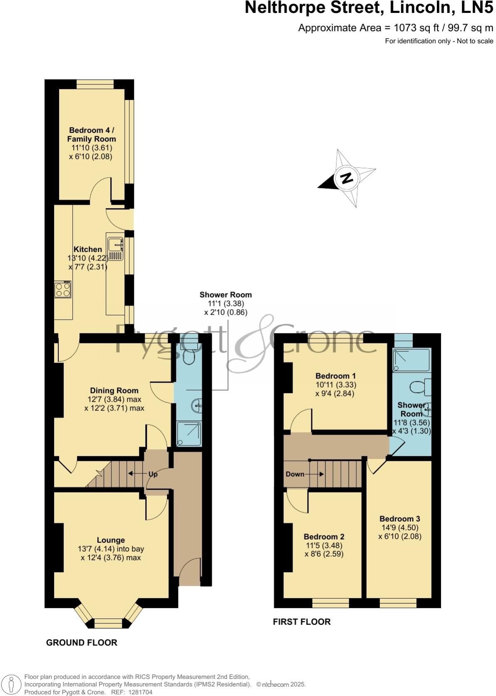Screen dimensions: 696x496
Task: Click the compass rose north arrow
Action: coord(346,178)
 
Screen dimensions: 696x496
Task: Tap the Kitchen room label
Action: coord(88,249)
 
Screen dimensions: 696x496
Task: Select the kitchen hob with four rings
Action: coord(62,290)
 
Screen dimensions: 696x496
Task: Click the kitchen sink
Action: coord(115,249)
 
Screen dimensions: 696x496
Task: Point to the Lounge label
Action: coord(111,540)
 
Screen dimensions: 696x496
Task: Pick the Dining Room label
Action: coord(114,390)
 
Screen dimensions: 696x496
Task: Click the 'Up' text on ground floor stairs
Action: coord(153,474)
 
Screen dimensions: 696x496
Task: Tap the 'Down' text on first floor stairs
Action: coord(295,474)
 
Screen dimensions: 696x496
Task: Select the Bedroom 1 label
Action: coord(335,376)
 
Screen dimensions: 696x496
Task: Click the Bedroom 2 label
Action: coord(324,537)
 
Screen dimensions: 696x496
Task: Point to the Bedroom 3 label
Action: coord(399,519)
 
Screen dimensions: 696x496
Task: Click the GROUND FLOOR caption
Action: coord(82,642)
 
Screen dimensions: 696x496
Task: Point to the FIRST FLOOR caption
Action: coord(302,621)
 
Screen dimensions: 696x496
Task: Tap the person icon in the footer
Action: coord(12,684)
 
